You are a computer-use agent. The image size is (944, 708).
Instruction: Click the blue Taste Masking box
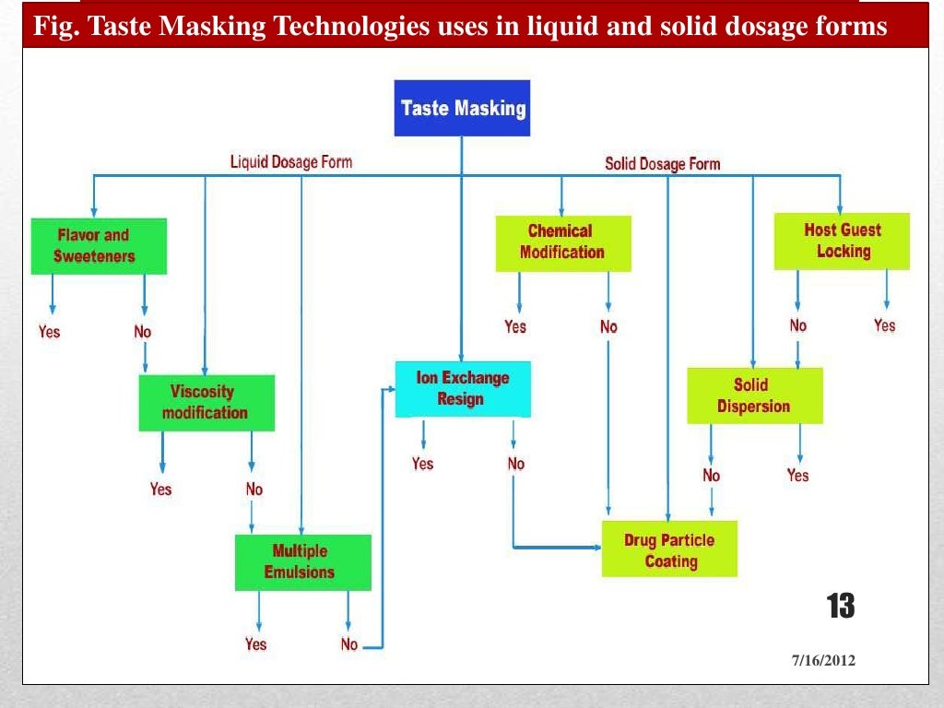click(x=462, y=108)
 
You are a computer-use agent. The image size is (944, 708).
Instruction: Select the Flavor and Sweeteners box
click(x=99, y=246)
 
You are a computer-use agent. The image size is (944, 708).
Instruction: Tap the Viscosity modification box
click(x=206, y=403)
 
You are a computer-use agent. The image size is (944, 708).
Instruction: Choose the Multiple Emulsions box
click(x=302, y=562)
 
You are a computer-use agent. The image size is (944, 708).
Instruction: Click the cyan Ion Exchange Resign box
click(x=463, y=388)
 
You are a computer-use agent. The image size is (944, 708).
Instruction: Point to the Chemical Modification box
click(x=563, y=242)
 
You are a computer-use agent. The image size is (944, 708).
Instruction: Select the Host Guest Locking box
click(x=842, y=241)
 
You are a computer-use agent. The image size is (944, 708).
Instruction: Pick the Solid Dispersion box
click(x=754, y=395)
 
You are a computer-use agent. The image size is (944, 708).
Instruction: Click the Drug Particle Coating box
click(x=669, y=550)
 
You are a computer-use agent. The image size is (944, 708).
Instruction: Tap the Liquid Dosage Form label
click(x=290, y=162)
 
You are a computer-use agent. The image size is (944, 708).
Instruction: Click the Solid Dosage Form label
click(x=662, y=164)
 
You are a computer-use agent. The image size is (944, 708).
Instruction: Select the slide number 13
click(x=839, y=607)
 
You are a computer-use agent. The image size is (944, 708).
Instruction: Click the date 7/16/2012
click(x=823, y=661)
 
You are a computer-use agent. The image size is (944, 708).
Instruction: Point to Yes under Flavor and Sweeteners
click(x=50, y=331)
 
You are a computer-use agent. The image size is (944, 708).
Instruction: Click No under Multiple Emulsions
click(x=348, y=644)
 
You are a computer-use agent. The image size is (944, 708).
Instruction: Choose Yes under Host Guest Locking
click(x=884, y=325)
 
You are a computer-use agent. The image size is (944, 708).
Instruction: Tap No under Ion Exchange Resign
click(x=515, y=464)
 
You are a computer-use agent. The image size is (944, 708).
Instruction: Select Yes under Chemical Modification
click(x=515, y=326)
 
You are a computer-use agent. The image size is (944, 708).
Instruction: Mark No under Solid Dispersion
click(x=711, y=476)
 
